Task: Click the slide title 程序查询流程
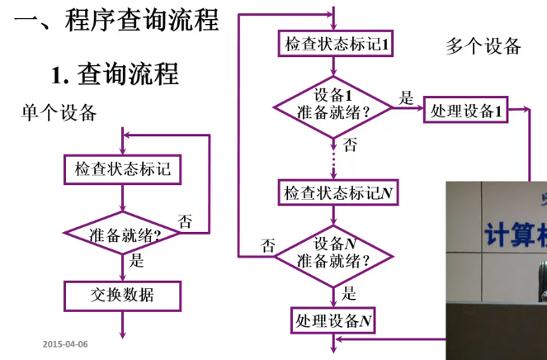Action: pyautogui.click(x=116, y=19)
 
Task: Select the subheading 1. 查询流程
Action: pyautogui.click(x=115, y=75)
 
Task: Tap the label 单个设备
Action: pyautogui.click(x=59, y=112)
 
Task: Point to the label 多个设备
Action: pyautogui.click(x=483, y=45)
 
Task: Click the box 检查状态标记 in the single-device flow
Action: pyautogui.click(x=123, y=170)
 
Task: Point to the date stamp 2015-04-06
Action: pyautogui.click(x=65, y=343)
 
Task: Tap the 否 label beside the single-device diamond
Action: pyautogui.click(x=185, y=221)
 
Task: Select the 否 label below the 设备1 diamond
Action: pyautogui.click(x=350, y=145)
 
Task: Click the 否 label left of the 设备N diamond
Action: pyautogui.click(x=268, y=244)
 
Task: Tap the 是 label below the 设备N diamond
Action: pyautogui.click(x=349, y=291)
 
